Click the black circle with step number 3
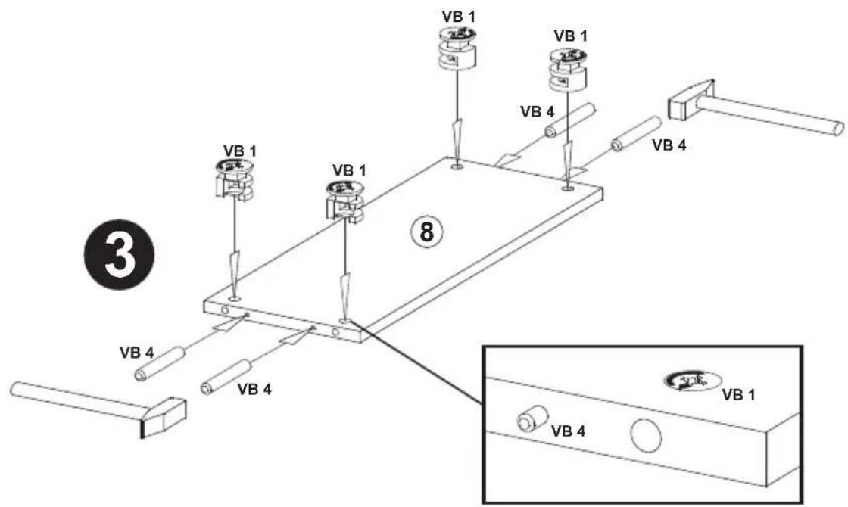point(119,254)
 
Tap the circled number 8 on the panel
point(427,232)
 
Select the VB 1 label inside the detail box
point(739,395)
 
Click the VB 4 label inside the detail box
point(568,431)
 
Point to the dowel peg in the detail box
point(532,418)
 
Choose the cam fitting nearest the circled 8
point(345,201)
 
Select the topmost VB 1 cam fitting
point(456,48)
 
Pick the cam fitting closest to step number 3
point(234,179)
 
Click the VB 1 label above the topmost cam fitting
point(459,16)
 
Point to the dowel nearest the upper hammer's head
point(637,134)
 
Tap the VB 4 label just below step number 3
point(137,353)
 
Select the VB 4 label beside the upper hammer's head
point(669,145)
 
